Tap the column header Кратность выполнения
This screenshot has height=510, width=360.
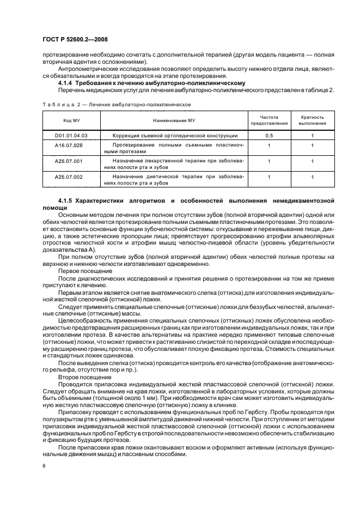pyautogui.click(x=313, y=119)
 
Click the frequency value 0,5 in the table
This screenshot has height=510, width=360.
pyautogui.click(x=269, y=135)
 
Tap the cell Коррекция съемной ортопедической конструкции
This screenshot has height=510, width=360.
pyautogui.click(x=174, y=135)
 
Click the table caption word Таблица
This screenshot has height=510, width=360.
pyautogui.click(x=57, y=103)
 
